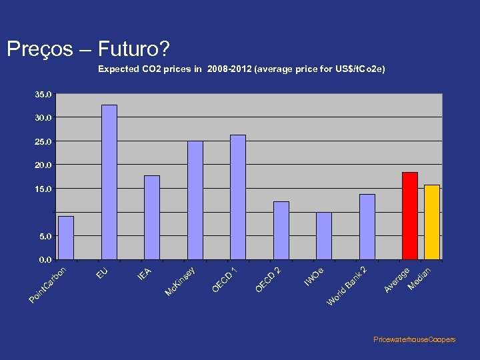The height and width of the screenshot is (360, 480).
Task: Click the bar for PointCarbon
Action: tap(66, 237)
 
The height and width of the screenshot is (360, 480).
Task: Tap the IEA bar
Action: tap(152, 217)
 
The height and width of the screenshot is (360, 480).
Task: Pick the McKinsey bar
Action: tap(195, 200)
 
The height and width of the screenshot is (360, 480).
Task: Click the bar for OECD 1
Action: tap(238, 197)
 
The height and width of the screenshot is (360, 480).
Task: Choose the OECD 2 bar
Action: tap(281, 230)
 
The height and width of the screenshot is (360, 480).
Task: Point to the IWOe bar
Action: tap(324, 235)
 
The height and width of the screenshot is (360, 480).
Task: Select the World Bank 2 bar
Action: tap(367, 227)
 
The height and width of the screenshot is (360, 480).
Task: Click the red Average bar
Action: tap(409, 215)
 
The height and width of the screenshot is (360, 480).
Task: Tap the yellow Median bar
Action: tap(431, 222)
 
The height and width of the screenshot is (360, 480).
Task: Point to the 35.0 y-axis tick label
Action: tap(43, 95)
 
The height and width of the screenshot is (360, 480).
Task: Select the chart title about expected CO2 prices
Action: tap(241, 69)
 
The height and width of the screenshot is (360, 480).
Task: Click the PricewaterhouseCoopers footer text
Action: tap(415, 339)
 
